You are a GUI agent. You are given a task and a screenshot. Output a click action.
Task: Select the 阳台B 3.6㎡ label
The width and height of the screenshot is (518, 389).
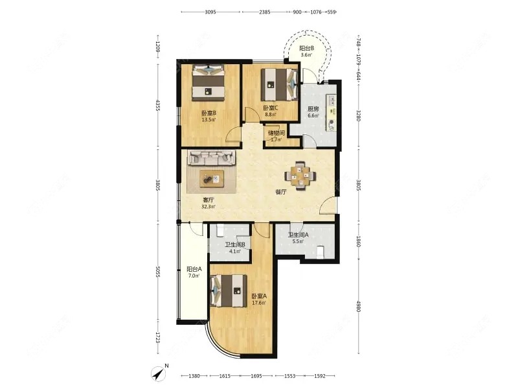[306, 51]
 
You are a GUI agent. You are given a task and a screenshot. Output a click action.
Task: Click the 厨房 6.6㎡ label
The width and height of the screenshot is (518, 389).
[313, 112]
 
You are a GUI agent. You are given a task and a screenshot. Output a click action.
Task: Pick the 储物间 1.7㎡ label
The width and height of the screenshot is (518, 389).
[276, 136]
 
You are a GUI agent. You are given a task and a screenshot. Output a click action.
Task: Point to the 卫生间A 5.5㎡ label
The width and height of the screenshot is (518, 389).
[298, 238]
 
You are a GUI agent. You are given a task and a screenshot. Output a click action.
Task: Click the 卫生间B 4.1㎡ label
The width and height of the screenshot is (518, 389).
[234, 248]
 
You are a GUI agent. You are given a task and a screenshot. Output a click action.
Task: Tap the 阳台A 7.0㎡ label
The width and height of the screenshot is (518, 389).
[194, 272]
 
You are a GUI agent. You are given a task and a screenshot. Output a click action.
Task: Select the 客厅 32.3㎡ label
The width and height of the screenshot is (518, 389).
[208, 204]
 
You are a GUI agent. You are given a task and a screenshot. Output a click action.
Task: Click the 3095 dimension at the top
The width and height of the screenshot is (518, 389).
[210, 12]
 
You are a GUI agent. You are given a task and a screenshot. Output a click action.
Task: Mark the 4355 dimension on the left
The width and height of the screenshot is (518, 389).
[157, 106]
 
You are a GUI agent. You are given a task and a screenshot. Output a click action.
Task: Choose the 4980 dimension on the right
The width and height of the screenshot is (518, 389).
[359, 305]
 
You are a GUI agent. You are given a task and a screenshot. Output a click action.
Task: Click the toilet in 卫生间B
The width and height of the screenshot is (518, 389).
[221, 230]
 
